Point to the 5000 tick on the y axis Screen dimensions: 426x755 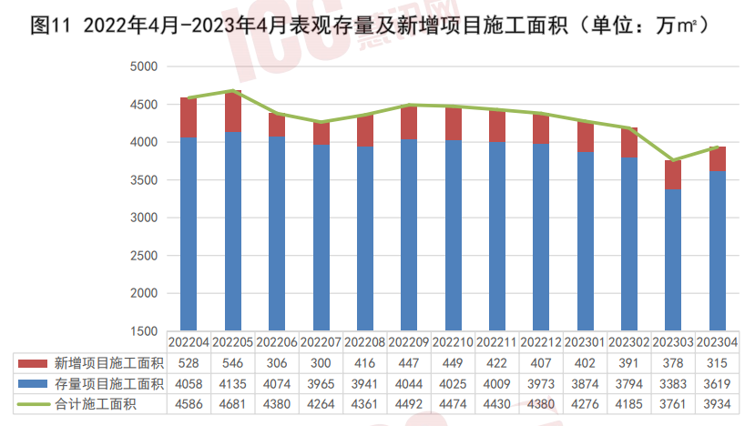(145, 66)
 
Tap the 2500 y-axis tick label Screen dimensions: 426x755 (145, 256)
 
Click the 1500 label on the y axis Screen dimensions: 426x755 (145, 331)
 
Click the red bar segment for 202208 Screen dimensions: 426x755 (365, 130)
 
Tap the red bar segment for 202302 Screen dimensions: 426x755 (629, 143)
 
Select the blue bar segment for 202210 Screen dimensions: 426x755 (454, 235)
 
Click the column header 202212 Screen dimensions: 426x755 (541, 342)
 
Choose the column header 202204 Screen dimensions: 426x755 (189, 342)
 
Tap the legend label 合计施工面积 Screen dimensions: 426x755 (96, 403)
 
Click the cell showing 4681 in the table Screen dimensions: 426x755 (233, 403)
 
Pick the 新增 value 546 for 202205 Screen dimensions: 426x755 (233, 361)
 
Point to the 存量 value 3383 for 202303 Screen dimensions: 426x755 (673, 382)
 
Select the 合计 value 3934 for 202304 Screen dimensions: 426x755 (717, 403)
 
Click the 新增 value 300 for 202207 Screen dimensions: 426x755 (321, 361)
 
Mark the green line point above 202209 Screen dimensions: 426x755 (409, 105)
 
